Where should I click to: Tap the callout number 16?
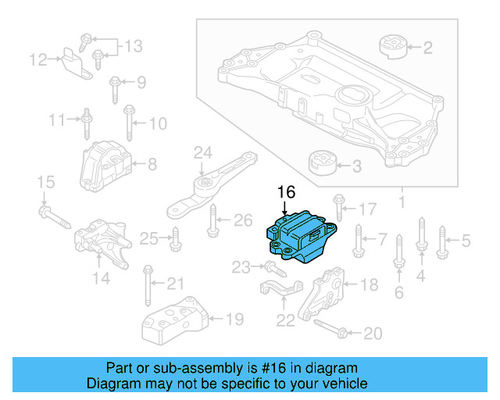coord(287,192)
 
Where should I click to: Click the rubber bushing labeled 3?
coord(322,165)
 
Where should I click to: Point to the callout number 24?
coord(203,152)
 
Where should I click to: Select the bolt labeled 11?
coord(86,121)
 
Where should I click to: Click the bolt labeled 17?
coord(337,207)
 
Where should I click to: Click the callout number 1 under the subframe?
coord(402,203)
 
